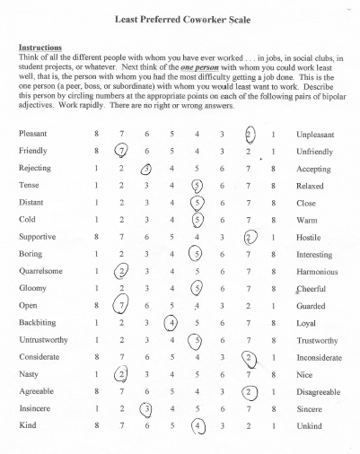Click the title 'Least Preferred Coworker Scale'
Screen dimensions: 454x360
click(x=180, y=18)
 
